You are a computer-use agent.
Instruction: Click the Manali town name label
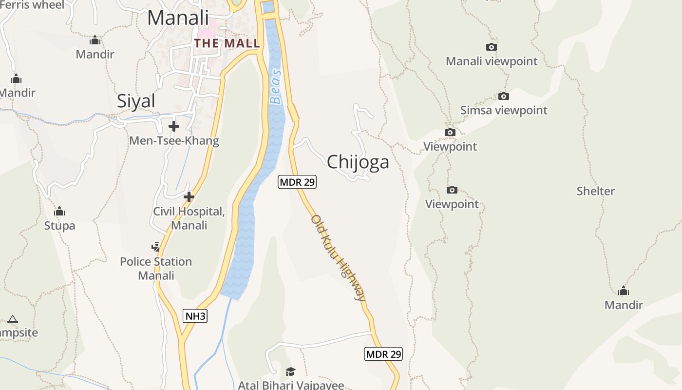[178, 18]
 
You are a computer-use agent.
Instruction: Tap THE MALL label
[227, 43]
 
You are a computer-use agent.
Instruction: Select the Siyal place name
[136, 101]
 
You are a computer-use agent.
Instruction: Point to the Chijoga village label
[358, 162]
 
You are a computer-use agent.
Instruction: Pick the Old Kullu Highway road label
[338, 257]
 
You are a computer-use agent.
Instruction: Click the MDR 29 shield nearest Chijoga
[297, 182]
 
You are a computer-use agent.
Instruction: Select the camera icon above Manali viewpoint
[492, 47]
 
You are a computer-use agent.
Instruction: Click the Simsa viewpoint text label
[504, 110]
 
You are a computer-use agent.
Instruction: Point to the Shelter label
[595, 191]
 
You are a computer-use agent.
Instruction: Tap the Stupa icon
[59, 212]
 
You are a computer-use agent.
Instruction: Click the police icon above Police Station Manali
[155, 247]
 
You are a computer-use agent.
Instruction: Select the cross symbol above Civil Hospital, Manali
[189, 197]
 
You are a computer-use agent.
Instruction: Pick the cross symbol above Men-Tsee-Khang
[173, 127]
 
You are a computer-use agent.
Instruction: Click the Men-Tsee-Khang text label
[174, 141]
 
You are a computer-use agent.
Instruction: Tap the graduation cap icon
[290, 371]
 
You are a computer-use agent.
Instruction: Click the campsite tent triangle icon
[13, 319]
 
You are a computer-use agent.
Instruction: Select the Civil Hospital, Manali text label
[189, 218]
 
